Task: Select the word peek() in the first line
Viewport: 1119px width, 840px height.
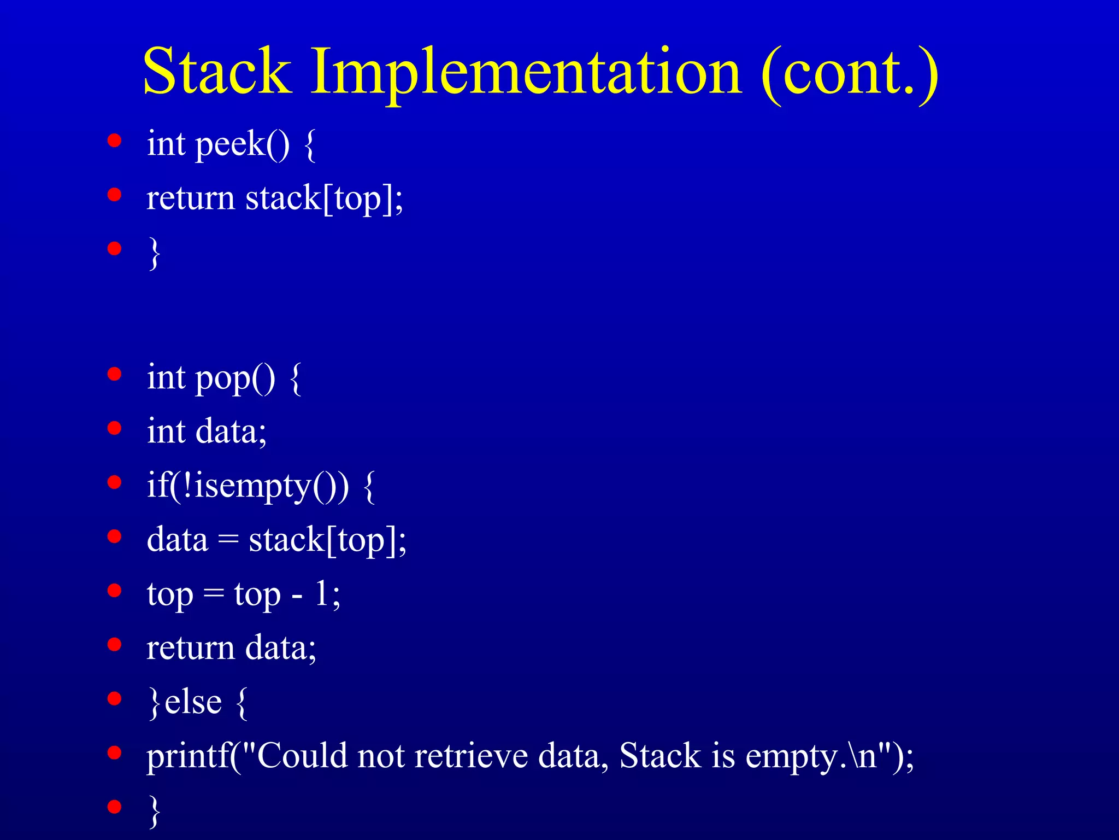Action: [243, 145]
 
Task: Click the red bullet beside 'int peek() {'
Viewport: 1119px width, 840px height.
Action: [114, 141]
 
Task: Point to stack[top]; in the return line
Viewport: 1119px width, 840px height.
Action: [324, 198]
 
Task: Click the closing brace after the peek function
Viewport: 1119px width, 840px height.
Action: [155, 253]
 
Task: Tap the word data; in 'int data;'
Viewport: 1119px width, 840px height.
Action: [231, 431]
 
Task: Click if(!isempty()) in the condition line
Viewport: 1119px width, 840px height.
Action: [248, 486]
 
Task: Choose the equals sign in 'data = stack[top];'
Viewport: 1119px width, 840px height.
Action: [228, 540]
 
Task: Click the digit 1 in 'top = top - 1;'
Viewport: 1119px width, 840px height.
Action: [322, 593]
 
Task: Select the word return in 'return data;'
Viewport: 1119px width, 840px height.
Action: [190, 648]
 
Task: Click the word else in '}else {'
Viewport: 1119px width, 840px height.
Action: [193, 702]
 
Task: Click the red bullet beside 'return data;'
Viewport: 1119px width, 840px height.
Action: [114, 644]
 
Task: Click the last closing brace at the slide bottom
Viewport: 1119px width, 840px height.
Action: [155, 810]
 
